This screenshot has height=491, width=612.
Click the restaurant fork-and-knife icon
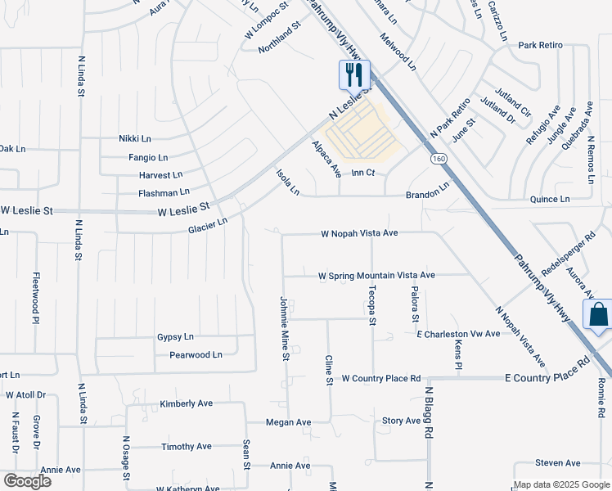click(354, 75)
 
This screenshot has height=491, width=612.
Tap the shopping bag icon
click(598, 315)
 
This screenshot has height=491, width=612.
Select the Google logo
click(26, 480)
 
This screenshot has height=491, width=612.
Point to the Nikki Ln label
click(135, 139)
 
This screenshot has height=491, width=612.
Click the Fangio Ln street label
click(147, 157)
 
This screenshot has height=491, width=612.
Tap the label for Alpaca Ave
click(326, 159)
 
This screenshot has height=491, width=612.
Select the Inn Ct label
click(362, 173)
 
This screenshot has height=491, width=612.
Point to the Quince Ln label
click(550, 199)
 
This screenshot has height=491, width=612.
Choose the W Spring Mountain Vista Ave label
click(376, 275)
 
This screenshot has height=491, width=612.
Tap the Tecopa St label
click(371, 306)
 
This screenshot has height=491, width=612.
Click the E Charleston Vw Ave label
click(457, 334)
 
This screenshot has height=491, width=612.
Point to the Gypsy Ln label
click(175, 336)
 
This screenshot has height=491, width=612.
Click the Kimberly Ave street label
click(186, 403)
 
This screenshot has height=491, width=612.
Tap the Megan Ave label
click(288, 422)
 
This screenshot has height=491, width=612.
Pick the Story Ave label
click(401, 421)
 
